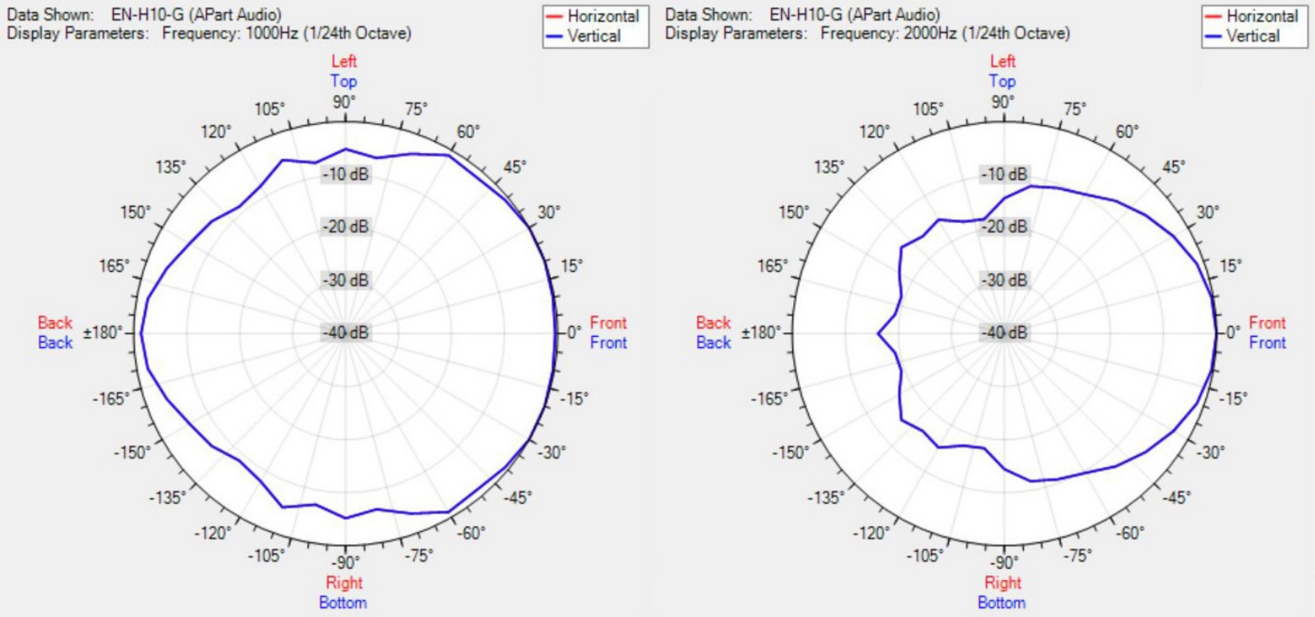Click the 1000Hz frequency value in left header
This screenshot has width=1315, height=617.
pyautogui.click(x=271, y=34)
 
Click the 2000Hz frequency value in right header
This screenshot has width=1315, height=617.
pyautogui.click(x=930, y=34)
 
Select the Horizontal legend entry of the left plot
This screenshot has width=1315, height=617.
pyautogui.click(x=602, y=16)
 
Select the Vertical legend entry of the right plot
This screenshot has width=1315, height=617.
pyautogui.click(x=1252, y=36)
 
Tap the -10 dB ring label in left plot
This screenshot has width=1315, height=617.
pyautogui.click(x=346, y=174)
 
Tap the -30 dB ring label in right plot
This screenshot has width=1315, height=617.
pyautogui.click(x=1005, y=280)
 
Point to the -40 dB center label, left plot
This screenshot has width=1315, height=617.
pyautogui.click(x=346, y=332)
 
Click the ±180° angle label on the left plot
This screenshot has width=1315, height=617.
pyautogui.click(x=103, y=332)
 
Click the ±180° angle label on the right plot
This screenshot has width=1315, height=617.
pyautogui.click(x=761, y=332)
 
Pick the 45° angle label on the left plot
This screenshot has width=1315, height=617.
pyautogui.click(x=515, y=167)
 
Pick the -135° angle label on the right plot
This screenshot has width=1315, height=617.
pyautogui.click(x=825, y=497)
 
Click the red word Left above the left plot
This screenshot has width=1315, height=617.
pyautogui.click(x=344, y=61)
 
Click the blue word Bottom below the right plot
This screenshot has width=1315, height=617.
pyautogui.click(x=1001, y=603)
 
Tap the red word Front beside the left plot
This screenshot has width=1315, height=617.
pyautogui.click(x=608, y=323)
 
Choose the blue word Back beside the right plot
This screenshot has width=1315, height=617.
pyautogui.click(x=714, y=343)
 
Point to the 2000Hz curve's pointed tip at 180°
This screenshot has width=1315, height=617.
pyautogui.click(x=879, y=333)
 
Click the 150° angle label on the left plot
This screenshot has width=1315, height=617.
pyautogui.click(x=136, y=213)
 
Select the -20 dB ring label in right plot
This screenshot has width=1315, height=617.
pyautogui.click(x=1005, y=227)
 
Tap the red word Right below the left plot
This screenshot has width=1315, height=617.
pyautogui.click(x=344, y=582)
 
